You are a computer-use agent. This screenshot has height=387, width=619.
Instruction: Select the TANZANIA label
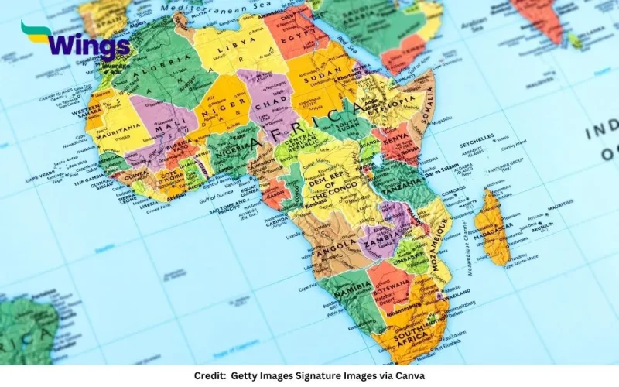401,186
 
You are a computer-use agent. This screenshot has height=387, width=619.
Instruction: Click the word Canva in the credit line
406,375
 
